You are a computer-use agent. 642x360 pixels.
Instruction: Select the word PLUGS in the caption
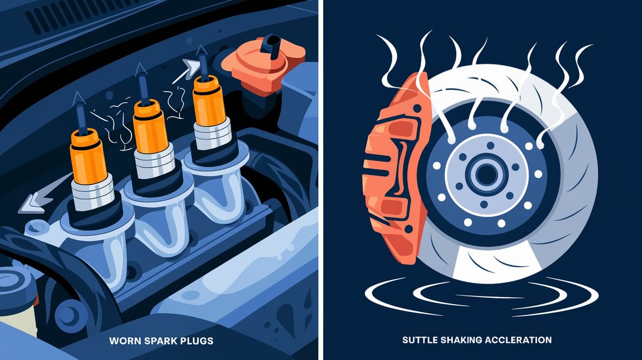(x=197, y=340)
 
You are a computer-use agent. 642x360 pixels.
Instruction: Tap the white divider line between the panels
(x=320, y=180)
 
